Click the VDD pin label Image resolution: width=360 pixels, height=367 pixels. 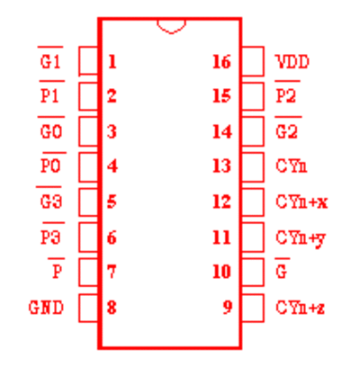(x=292, y=62)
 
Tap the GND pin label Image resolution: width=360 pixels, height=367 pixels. (x=46, y=308)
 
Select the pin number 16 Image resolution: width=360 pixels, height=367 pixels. (x=221, y=62)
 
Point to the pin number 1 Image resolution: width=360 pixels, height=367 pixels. (x=112, y=62)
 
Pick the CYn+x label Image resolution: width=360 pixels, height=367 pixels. (x=301, y=201)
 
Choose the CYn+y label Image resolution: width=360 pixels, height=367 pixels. (x=301, y=238)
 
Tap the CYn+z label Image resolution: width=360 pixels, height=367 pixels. (x=301, y=308)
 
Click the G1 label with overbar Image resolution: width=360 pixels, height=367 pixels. (x=50, y=58)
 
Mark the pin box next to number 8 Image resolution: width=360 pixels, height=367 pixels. (x=89, y=309)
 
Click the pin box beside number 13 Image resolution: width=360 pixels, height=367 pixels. (x=253, y=167)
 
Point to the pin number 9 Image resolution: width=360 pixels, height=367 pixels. (x=227, y=307)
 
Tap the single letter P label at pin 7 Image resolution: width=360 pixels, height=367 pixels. (x=57, y=269)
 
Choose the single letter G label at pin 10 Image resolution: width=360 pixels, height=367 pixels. (x=282, y=269)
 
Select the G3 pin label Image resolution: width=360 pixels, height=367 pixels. (x=49, y=198)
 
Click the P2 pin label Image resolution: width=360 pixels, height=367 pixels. (x=286, y=93)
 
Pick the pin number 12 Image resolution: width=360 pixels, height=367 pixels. (x=221, y=201)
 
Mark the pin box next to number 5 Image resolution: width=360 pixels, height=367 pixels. (x=89, y=202)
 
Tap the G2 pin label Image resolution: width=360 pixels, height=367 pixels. (x=287, y=128)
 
